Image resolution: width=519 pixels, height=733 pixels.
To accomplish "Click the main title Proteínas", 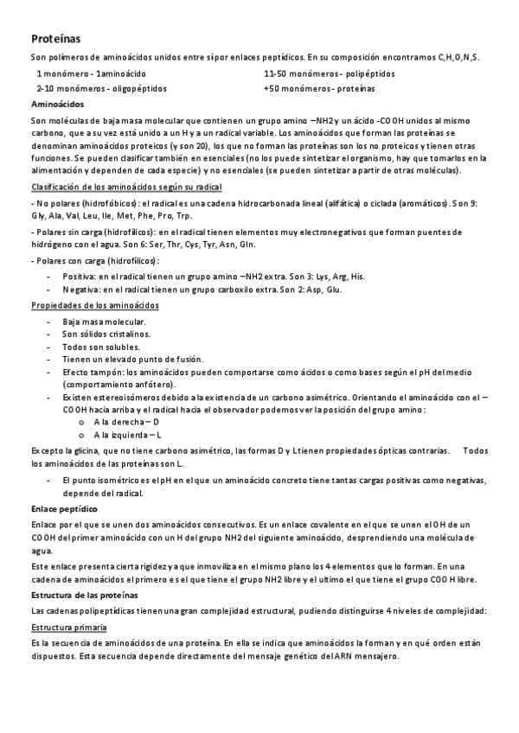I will pos(56,39).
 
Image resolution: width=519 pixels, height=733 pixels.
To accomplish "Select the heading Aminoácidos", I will pos(56,104).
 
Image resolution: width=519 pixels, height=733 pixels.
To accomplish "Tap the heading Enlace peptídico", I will pos(64,510).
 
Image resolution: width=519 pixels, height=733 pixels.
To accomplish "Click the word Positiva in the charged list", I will pos(78,276).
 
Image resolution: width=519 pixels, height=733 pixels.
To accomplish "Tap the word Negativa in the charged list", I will pos(79,290).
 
